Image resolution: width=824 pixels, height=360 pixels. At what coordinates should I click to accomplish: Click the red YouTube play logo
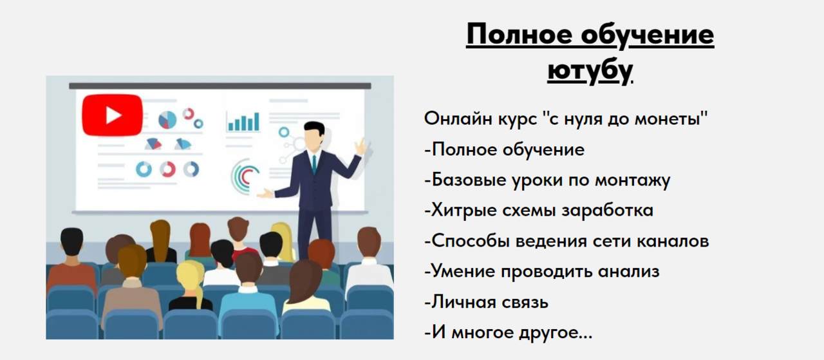pos(112,115)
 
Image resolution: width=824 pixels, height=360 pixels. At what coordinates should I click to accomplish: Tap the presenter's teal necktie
pos(314,164)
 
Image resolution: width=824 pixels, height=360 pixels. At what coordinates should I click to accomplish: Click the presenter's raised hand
pos(360,146)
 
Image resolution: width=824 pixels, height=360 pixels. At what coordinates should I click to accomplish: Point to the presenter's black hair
pos(314,127)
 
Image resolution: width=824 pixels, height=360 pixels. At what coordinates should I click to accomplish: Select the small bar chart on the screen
pos(243,121)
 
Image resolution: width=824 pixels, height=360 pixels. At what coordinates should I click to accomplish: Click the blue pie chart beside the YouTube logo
pos(167,120)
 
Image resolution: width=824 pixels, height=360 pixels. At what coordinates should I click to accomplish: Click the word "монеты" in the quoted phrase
pos(672,119)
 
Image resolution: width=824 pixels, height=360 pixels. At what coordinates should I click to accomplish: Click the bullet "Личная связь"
pos(487,301)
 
